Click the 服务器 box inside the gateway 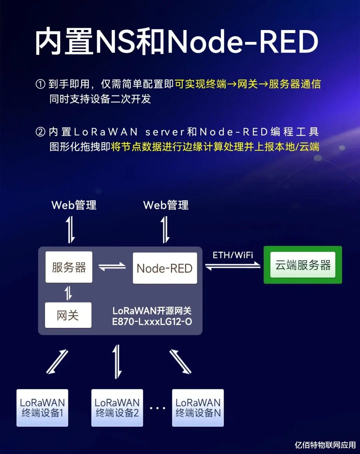(x=69, y=267)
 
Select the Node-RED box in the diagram (x=165, y=268)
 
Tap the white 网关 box (x=68, y=315)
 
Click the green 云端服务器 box (x=303, y=265)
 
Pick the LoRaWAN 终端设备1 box (x=42, y=408)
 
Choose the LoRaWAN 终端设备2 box (x=117, y=408)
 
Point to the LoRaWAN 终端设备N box (x=198, y=408)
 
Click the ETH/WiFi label (x=233, y=255)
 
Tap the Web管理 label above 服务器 (x=74, y=205)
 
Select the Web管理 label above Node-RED (x=166, y=205)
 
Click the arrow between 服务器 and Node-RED (x=112, y=267)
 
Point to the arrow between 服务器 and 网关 (x=68, y=293)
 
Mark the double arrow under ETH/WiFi (x=233, y=266)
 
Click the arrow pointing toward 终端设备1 (x=57, y=362)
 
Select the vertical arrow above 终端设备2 (x=117, y=362)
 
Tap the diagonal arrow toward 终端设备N (x=180, y=362)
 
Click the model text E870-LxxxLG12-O (x=152, y=322)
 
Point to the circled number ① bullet (x=40, y=84)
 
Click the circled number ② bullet (x=40, y=132)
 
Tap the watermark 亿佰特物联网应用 (x=325, y=445)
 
